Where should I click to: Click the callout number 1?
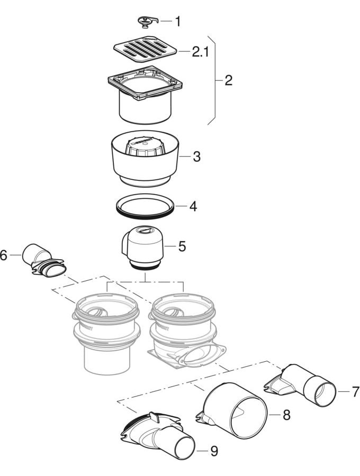pyautogui.click(x=177, y=22)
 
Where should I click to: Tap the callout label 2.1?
pyautogui.click(x=201, y=52)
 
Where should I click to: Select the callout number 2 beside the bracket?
pyautogui.click(x=228, y=81)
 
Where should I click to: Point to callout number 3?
pyautogui.click(x=196, y=157)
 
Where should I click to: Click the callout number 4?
pyautogui.click(x=193, y=206)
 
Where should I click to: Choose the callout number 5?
pyautogui.click(x=182, y=246)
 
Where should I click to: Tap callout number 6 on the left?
pyautogui.click(x=4, y=255)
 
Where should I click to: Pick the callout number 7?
pyautogui.click(x=355, y=392)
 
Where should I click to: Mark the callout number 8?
pyautogui.click(x=286, y=415)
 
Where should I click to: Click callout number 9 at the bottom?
pyautogui.click(x=213, y=451)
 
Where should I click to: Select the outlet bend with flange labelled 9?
pyautogui.click(x=156, y=436)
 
